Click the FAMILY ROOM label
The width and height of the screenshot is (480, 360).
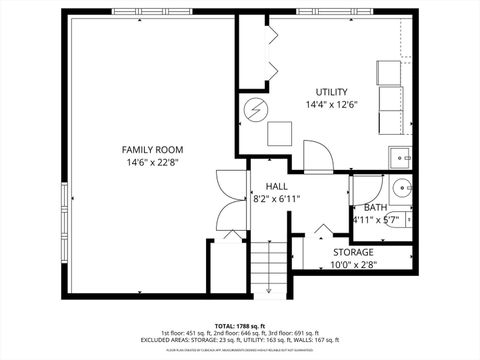pyautogui.click(x=154, y=150)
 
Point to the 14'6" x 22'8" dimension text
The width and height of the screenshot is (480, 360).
pyautogui.click(x=154, y=163)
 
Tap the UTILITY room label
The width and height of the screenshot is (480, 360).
pyautogui.click(x=332, y=92)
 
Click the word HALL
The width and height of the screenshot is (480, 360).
pyautogui.click(x=276, y=186)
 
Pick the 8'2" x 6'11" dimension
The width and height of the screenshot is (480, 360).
pyautogui.click(x=276, y=199)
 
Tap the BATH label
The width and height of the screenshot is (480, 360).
pyautogui.click(x=375, y=207)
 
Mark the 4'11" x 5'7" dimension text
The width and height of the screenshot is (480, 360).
pyautogui.click(x=375, y=220)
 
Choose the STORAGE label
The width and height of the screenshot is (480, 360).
pyautogui.click(x=353, y=252)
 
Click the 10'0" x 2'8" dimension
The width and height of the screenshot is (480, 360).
pyautogui.click(x=353, y=265)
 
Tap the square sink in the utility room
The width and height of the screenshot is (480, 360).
pyautogui.click(x=401, y=157)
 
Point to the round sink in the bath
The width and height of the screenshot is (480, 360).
pyautogui.click(x=400, y=187)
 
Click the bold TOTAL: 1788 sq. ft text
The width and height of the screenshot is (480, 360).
pyautogui.click(x=239, y=324)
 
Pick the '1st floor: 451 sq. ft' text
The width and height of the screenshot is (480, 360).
pyautogui.click(x=186, y=332)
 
